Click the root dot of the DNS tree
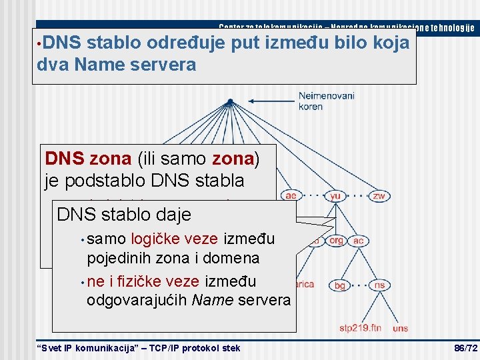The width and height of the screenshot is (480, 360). pos(230,101)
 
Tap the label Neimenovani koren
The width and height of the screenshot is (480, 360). pos(326,101)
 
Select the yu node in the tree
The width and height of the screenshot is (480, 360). pos(335,196)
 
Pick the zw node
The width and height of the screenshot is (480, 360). pos(379,196)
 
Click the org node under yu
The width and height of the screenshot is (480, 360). pos(336,241)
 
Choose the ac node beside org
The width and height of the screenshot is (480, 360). pos(359,241)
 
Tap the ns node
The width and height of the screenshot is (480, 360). pos(379,285)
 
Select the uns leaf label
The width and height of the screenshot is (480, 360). pos(401,328)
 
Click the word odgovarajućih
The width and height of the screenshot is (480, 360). pos(137,300)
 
